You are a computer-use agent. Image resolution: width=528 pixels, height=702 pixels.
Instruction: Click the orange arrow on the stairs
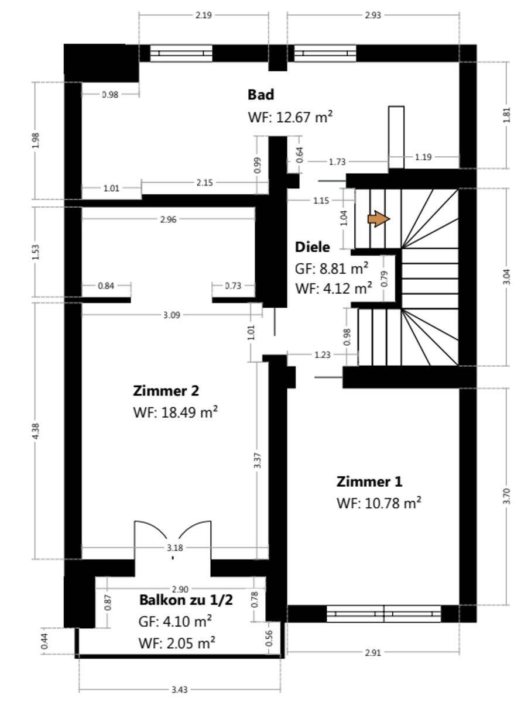click(x=379, y=219)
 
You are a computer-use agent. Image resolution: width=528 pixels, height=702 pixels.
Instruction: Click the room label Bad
click(x=261, y=95)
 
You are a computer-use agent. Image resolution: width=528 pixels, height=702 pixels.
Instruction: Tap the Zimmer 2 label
click(x=166, y=391)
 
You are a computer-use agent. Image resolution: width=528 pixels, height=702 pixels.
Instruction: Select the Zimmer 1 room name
click(x=369, y=481)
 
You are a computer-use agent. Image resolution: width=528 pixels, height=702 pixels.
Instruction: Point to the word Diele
click(x=312, y=247)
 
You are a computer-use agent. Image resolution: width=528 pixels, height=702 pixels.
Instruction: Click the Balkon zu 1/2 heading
click(x=186, y=600)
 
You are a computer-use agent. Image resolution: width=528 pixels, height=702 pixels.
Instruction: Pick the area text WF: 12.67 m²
click(x=290, y=117)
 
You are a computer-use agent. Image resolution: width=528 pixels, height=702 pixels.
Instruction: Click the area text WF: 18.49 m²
click(x=176, y=412)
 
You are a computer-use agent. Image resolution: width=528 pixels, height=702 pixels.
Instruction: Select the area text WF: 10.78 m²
click(x=379, y=504)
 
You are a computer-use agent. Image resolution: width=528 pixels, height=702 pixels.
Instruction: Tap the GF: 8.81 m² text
click(x=331, y=269)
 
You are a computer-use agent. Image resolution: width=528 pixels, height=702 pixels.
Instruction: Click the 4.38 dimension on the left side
click(x=36, y=431)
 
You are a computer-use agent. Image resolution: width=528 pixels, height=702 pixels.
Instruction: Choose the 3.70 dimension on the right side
click(x=506, y=496)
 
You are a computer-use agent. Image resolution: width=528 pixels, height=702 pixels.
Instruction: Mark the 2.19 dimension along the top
click(x=204, y=15)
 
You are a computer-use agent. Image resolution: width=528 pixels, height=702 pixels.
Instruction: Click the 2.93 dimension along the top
click(x=373, y=15)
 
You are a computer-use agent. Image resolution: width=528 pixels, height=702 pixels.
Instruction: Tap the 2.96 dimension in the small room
click(x=169, y=219)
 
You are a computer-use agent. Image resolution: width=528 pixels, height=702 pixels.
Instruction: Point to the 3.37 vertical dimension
click(x=258, y=460)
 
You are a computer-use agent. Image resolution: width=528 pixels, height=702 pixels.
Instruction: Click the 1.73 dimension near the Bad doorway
click(x=337, y=162)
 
